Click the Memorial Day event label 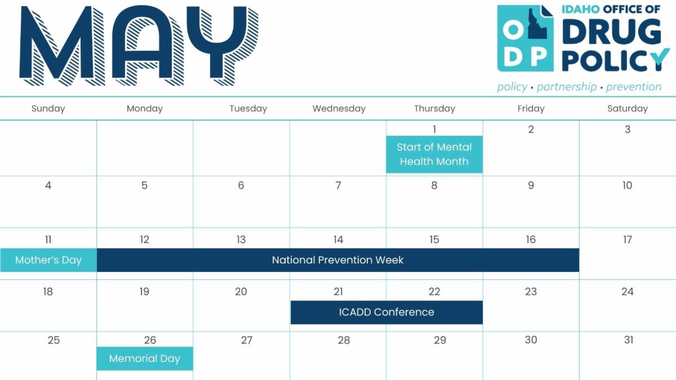(x=145, y=359)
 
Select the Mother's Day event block (x=48, y=260)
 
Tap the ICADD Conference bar (x=386, y=312)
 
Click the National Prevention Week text (x=337, y=260)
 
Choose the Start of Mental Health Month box (x=434, y=154)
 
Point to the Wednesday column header (x=339, y=109)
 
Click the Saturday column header (x=628, y=109)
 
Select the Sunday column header (x=48, y=109)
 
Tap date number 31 (x=629, y=340)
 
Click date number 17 (x=628, y=239)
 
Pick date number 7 (x=339, y=185)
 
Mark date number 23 (x=531, y=292)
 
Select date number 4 (x=48, y=185)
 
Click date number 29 (x=440, y=340)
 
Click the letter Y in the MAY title (x=223, y=45)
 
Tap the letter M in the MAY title (x=62, y=46)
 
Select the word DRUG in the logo (x=612, y=32)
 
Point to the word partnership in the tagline (x=567, y=87)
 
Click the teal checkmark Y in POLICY (x=660, y=59)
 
